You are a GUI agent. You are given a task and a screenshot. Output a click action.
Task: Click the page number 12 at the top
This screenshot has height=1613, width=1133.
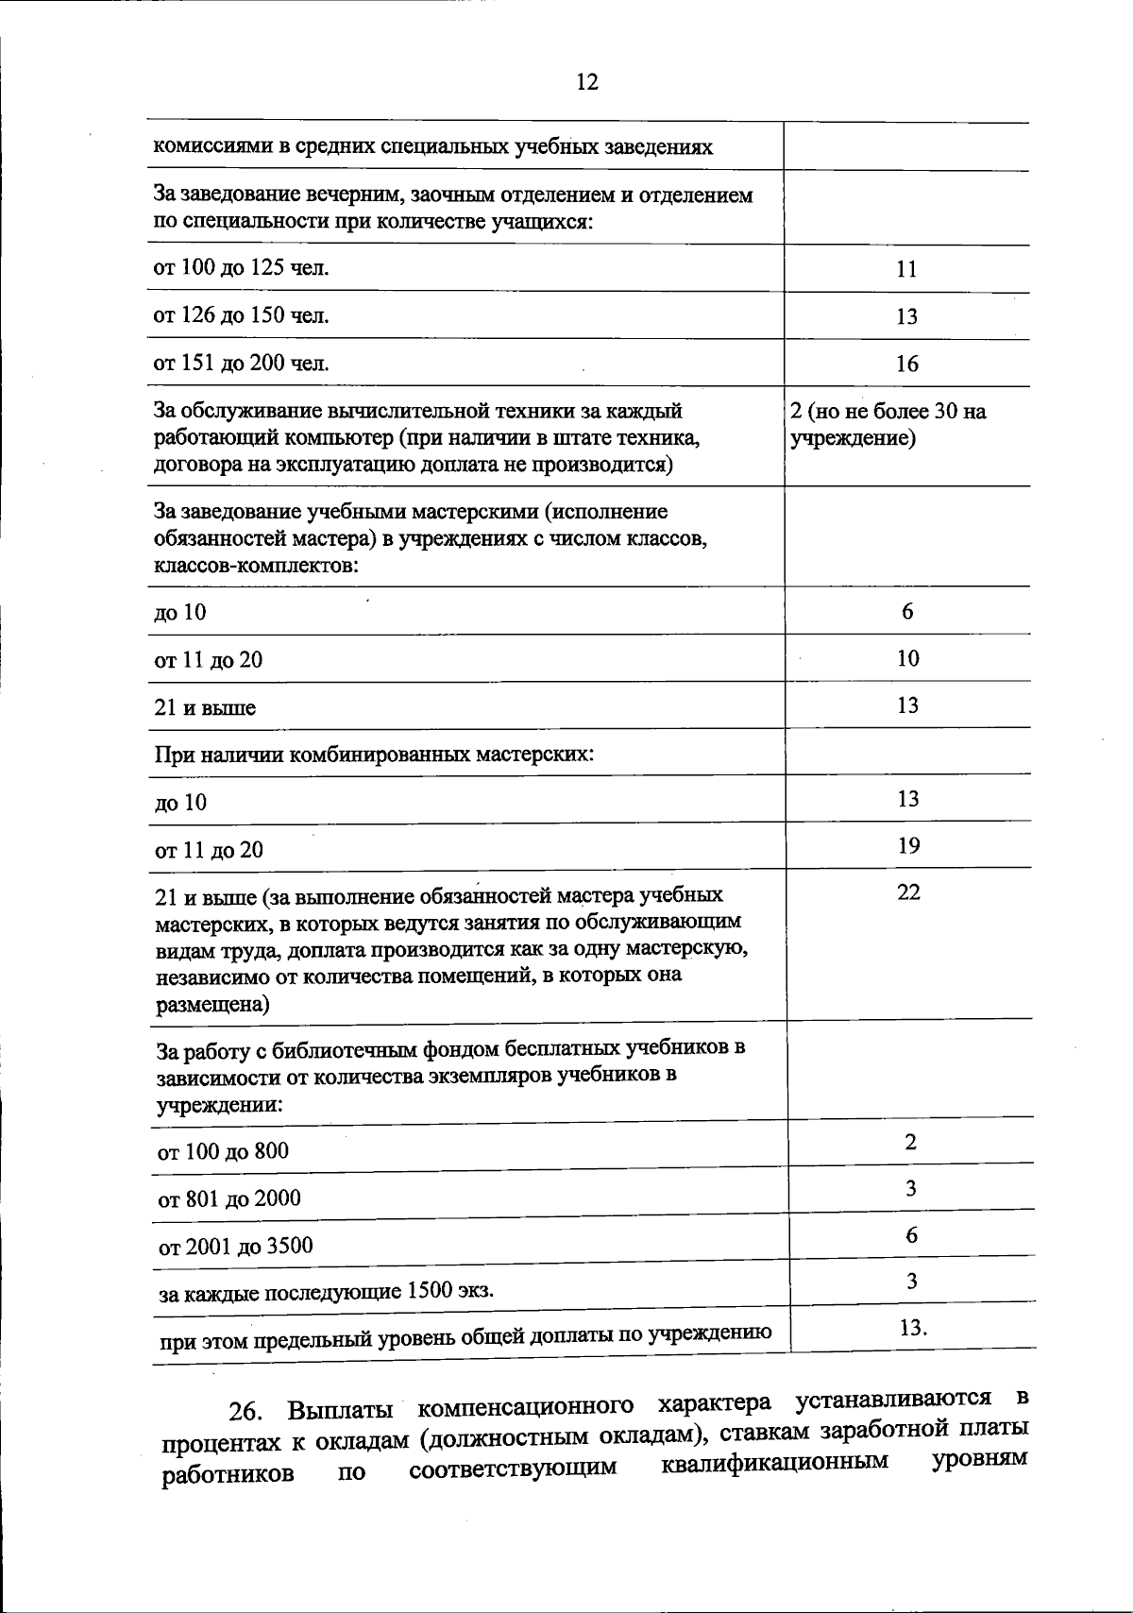586,82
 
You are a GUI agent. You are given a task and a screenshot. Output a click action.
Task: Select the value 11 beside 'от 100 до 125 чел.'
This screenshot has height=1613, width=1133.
906,269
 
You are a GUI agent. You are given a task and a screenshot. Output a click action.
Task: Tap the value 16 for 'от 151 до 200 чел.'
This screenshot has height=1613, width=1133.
906,365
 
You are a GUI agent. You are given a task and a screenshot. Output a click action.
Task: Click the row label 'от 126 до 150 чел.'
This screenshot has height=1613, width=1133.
242,315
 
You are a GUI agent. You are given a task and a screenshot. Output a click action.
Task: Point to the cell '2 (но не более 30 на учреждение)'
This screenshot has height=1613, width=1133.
888,425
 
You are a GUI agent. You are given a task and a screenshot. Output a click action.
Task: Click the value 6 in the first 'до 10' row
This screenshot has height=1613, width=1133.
907,612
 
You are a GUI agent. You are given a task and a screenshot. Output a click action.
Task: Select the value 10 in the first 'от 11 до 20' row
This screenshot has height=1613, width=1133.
907,658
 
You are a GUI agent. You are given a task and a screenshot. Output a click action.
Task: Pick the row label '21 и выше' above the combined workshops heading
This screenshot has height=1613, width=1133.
205,708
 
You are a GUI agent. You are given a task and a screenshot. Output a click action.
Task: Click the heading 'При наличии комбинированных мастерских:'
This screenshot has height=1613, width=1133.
374,755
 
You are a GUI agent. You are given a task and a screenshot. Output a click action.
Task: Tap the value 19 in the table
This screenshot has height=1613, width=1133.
908,846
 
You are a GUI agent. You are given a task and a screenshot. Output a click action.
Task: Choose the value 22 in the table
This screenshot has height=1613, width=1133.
908,892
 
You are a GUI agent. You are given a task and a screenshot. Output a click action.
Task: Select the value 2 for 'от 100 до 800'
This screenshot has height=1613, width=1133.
910,1142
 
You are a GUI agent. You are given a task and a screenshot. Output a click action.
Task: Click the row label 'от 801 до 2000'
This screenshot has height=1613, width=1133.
229,1198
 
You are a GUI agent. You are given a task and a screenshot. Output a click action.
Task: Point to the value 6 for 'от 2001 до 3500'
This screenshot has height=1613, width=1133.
911,1235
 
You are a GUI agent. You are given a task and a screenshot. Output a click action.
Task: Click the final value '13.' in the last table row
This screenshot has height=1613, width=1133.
913,1328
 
